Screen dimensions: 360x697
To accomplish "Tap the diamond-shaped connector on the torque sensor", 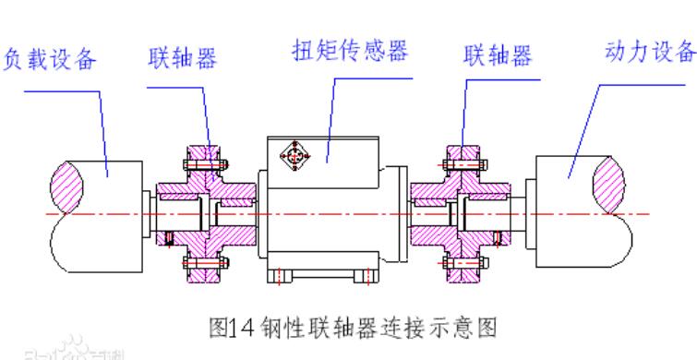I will tap(296, 156).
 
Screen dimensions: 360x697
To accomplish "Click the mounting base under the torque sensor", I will tap(318, 274).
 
